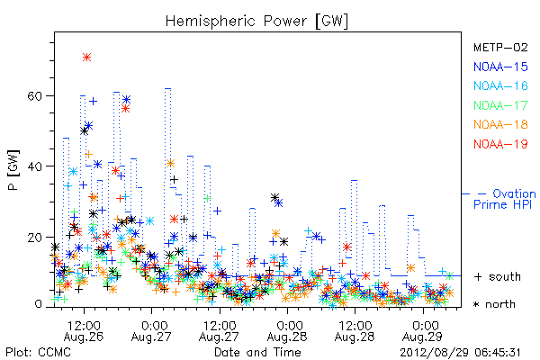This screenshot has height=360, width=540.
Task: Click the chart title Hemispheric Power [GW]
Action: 256,22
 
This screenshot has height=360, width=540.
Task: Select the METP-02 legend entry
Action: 500,47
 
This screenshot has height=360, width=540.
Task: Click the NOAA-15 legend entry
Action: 500,67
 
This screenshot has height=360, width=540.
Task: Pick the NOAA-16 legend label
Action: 500,85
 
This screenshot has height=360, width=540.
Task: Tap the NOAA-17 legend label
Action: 500,105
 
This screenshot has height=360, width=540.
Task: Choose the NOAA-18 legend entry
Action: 500,124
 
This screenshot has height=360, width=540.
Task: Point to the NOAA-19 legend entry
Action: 500,144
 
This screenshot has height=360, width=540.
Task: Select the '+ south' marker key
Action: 498,276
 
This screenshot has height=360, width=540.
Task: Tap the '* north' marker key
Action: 494,304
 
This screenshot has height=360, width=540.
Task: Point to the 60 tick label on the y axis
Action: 34,95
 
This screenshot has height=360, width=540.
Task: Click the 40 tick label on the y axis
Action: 34,166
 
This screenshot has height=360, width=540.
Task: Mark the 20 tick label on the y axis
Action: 34,237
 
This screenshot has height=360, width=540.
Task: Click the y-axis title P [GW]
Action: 13,170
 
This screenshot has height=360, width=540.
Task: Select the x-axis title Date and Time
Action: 257,353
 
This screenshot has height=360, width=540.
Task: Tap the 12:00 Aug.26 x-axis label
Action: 84,331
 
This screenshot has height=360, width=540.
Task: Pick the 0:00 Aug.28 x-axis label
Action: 287,331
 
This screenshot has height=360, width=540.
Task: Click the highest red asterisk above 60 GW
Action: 86,58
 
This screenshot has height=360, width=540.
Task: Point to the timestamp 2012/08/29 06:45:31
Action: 460,353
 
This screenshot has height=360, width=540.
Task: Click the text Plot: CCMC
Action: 38,353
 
